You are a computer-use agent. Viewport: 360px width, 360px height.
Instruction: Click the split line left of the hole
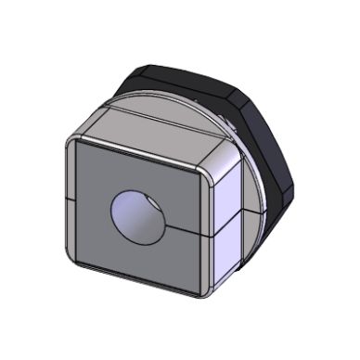click(x=88, y=202)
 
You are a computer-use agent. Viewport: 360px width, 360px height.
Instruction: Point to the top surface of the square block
click(x=158, y=130)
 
